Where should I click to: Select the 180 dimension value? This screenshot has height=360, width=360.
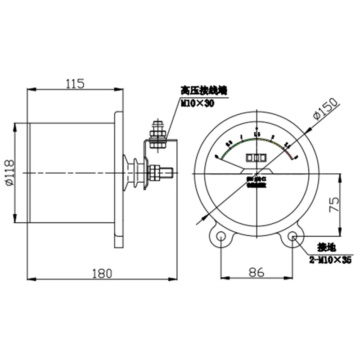[102, 273]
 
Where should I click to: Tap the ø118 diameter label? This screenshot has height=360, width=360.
[9, 173]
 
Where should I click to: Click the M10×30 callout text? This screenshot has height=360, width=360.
[198, 103]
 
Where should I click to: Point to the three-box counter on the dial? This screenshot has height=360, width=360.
[256, 158]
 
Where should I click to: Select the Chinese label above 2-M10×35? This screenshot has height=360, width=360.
[325, 247]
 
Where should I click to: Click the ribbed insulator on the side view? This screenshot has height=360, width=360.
[135, 172]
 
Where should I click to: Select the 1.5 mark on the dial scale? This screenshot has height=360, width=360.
[257, 134]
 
